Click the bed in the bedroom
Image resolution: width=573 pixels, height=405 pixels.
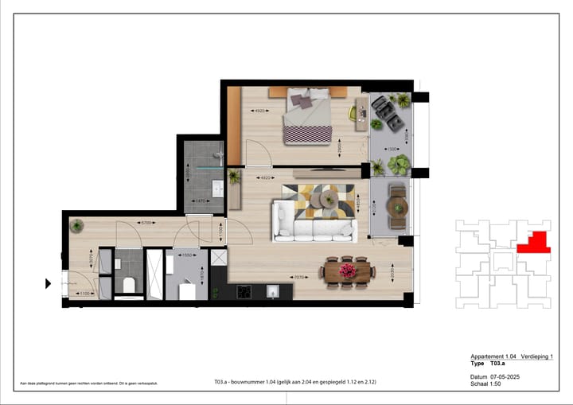(307, 116)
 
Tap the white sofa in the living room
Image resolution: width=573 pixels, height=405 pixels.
(313, 222)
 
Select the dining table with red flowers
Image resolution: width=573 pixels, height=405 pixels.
(348, 271)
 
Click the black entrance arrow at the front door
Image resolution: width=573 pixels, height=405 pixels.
(49, 282)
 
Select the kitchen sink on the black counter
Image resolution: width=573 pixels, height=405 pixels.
(273, 292)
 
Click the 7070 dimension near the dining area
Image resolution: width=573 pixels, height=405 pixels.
(299, 278)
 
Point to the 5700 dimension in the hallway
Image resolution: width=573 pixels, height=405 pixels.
(145, 223)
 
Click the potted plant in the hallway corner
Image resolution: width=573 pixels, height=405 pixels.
(76, 226)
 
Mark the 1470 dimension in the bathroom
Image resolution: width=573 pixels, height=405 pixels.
(202, 201)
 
